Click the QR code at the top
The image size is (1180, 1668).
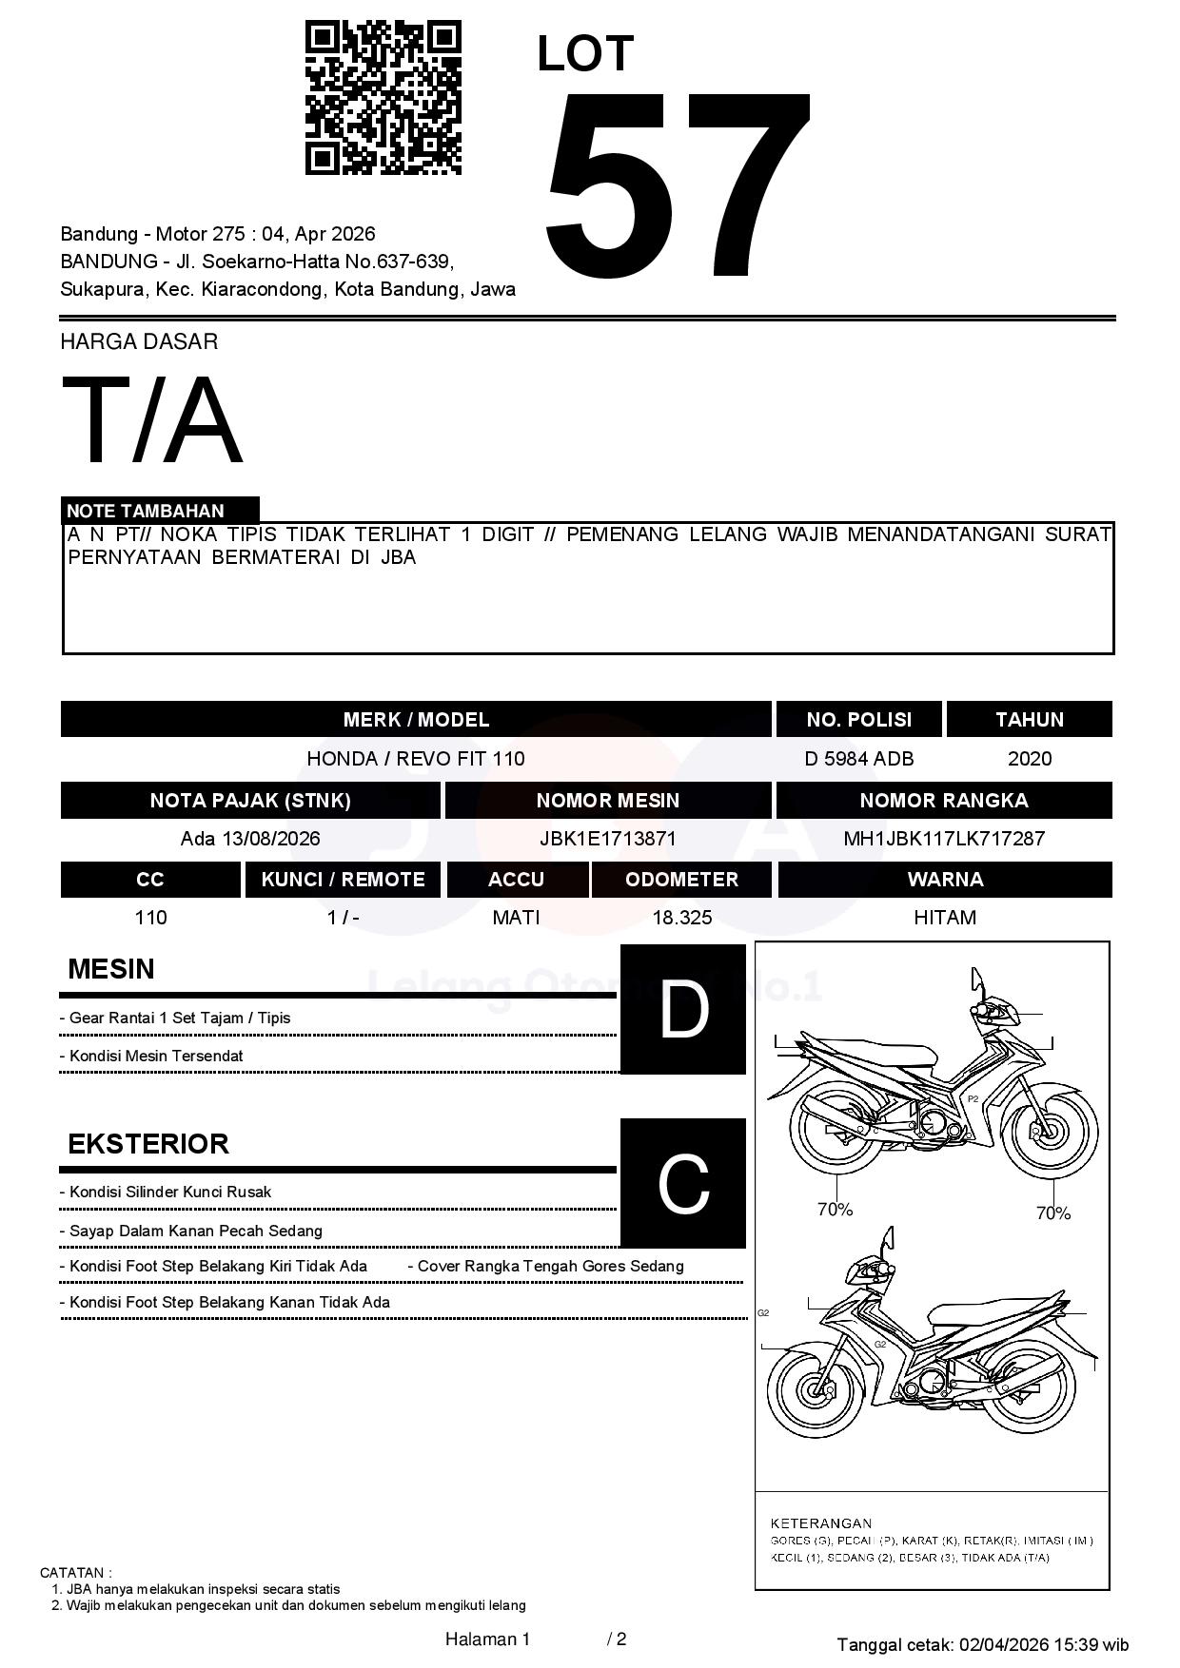383,98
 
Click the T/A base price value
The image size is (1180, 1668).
152,420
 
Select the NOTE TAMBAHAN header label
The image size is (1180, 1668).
146,511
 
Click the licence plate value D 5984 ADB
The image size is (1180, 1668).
858,759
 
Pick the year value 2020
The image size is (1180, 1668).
1030,759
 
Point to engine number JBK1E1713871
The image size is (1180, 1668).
607,839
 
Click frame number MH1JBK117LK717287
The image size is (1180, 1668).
944,839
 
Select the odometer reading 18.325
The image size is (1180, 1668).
681,918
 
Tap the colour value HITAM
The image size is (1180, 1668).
945,918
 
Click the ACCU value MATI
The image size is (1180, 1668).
516,918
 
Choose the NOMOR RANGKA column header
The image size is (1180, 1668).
944,801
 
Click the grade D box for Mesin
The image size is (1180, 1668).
683,1009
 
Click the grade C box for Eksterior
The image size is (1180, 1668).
683,1183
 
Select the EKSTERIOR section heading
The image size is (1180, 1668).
148,1144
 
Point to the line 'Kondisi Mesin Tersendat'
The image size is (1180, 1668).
156,1056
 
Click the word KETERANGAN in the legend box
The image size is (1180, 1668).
820,1523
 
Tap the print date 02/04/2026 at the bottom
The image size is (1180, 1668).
1004,1644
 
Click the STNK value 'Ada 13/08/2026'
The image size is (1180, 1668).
250,839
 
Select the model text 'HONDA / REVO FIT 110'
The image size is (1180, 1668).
416,759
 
